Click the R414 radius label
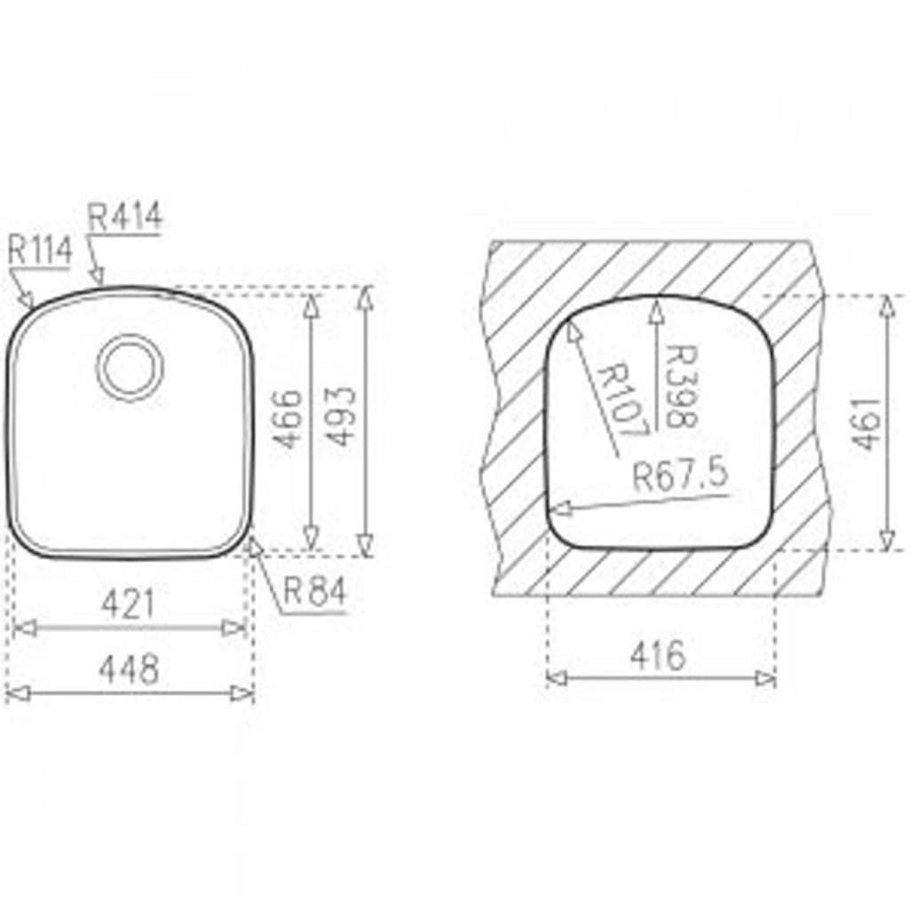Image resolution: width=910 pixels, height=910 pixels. coord(125,217)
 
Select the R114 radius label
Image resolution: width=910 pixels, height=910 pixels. coord(40,250)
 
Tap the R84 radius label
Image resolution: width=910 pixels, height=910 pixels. coord(314,591)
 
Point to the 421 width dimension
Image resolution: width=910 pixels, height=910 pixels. coord(128,605)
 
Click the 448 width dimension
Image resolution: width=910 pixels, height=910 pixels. coord(128,669)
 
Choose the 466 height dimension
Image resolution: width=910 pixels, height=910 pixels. coord(288,419)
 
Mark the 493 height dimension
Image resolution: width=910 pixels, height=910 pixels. coord(340,416)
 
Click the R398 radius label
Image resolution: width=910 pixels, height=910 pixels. coord(681,386)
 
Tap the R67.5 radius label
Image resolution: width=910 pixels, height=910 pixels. coord(679,476)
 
